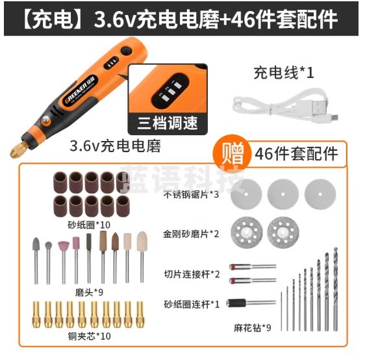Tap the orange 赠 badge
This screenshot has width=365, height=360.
point(230,154)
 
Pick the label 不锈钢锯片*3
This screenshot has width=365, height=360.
point(191,194)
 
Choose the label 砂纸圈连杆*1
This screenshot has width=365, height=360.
point(191,302)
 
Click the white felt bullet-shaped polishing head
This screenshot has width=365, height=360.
point(142,247)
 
